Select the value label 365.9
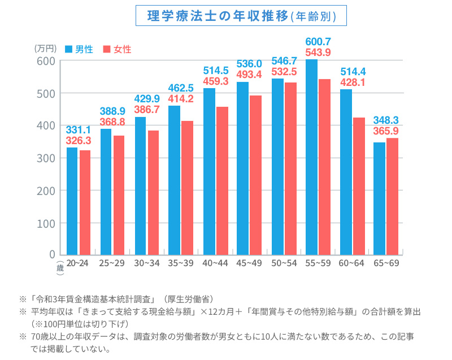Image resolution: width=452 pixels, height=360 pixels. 386,130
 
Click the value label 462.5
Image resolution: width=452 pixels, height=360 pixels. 181,88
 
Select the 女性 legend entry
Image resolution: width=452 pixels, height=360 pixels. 116,49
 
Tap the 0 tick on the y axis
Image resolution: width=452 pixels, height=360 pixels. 52,254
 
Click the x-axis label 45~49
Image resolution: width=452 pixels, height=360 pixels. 250,264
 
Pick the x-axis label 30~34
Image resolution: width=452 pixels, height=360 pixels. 147,264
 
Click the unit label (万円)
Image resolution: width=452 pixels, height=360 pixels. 45,49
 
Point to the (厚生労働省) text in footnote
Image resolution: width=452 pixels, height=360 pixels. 188,298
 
